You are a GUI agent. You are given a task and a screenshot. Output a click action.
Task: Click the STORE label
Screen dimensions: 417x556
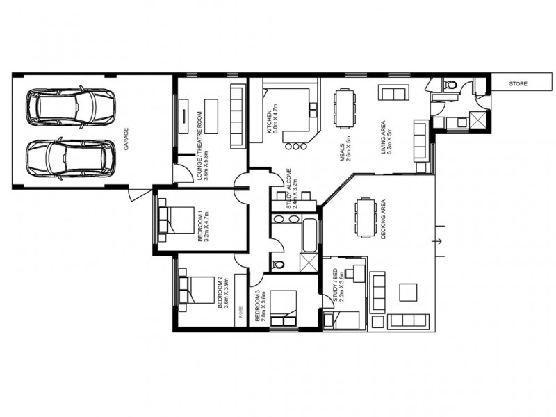point(518,84)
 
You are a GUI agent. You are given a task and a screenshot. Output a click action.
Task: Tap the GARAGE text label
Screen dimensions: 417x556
point(126,132)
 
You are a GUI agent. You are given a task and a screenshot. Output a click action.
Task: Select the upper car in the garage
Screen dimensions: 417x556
point(69,106)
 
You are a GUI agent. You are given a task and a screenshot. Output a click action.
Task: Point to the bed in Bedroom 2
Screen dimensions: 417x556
point(197,290)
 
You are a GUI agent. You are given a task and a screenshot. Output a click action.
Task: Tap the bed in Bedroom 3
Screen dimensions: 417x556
point(284,307)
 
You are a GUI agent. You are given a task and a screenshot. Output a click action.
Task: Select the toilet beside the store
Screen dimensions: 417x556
point(449,85)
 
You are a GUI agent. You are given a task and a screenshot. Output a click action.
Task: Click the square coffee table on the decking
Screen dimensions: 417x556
point(409,291)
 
